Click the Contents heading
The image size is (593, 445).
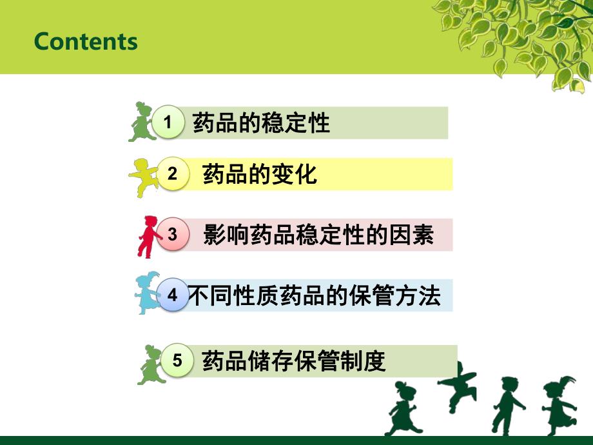[86, 41]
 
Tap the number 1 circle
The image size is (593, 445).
[168, 122]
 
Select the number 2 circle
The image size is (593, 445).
[173, 173]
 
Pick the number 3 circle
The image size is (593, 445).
[173, 234]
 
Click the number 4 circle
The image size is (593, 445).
[173, 295]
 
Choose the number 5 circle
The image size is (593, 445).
[177, 360]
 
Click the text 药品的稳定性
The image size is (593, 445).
[261, 123]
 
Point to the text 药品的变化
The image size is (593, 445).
[259, 174]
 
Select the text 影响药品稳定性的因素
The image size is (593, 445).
[318, 235]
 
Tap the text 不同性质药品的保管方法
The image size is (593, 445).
[315, 295]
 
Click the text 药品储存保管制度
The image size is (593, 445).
[294, 361]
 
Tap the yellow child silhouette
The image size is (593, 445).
[144, 178]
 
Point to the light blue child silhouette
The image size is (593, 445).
[147, 293]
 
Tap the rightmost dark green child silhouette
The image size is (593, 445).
[559, 405]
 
